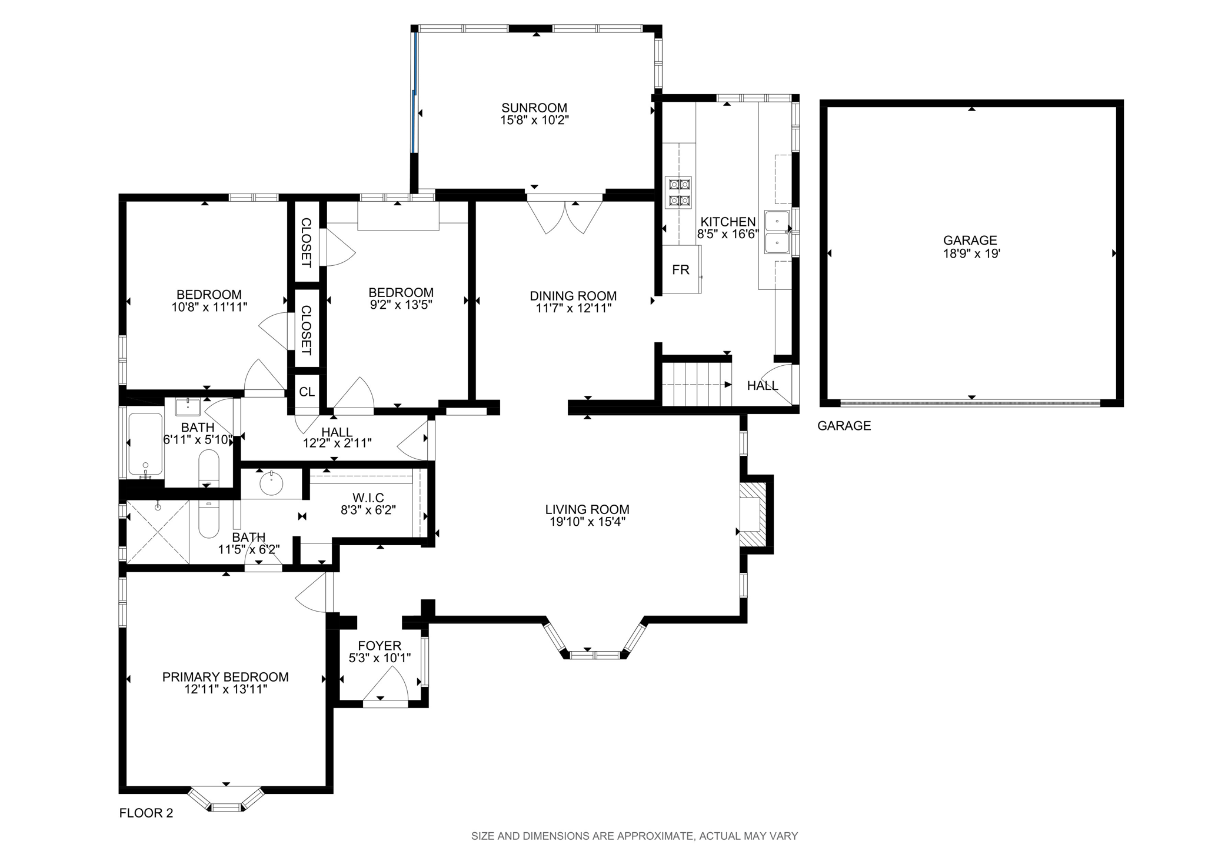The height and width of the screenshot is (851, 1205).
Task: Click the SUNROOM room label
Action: point(534,108)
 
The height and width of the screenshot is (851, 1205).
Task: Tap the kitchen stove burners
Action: point(678,192)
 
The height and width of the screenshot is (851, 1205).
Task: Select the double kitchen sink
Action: point(778,232)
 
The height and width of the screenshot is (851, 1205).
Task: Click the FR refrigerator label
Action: point(681,270)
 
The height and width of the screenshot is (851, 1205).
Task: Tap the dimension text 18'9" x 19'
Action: point(971,254)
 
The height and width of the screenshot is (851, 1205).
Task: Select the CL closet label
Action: point(307,392)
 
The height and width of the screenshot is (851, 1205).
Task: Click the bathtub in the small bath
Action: point(145,445)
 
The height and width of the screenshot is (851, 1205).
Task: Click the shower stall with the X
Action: point(158,532)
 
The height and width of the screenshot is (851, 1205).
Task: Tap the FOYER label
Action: point(380,646)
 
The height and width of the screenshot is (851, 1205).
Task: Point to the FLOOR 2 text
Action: point(146,813)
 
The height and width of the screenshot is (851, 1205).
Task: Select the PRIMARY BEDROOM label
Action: point(225,677)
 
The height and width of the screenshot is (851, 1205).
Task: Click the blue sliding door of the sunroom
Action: point(415,91)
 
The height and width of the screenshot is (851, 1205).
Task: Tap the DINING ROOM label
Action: point(573,296)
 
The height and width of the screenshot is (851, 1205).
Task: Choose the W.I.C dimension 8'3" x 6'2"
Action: point(368,510)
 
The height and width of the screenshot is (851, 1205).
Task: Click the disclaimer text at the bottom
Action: point(634,836)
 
